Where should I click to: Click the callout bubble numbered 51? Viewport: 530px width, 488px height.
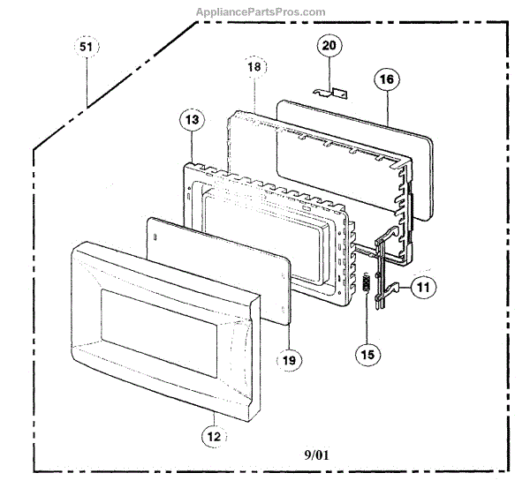tap(86, 48)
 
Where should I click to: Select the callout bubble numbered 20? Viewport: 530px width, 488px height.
tap(329, 45)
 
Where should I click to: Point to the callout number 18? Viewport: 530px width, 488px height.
tap(254, 67)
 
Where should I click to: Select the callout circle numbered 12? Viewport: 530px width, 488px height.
tap(213, 434)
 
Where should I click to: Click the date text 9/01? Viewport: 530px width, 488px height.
tap(317, 454)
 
